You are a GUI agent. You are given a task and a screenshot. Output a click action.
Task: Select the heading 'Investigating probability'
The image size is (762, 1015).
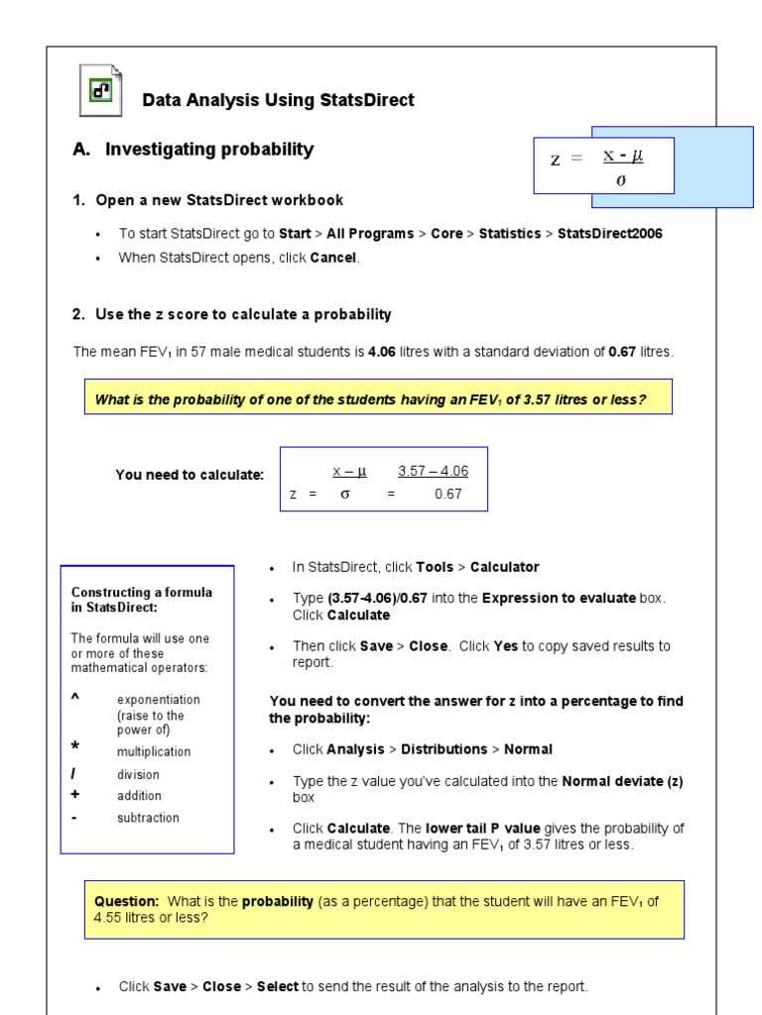click(209, 150)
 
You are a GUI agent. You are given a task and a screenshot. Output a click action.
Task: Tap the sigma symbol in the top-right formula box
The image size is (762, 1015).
click(621, 180)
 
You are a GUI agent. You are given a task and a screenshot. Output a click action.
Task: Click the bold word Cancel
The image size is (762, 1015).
click(333, 258)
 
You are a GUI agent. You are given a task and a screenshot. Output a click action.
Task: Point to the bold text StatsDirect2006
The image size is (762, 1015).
click(609, 234)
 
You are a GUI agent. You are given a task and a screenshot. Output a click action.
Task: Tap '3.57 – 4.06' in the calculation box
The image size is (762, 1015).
click(433, 471)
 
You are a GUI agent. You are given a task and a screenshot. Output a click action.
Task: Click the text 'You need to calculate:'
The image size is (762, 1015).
click(190, 475)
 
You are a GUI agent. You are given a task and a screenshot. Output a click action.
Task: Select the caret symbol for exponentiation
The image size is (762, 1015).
click(75, 697)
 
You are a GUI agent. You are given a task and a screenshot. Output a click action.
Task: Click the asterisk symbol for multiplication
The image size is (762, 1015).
click(76, 746)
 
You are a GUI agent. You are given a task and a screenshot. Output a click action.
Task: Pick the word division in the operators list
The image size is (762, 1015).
click(138, 774)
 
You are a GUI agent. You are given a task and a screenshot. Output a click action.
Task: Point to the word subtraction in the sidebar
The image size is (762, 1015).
click(148, 818)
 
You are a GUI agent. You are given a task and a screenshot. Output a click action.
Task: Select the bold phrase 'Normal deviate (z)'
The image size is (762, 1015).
click(622, 781)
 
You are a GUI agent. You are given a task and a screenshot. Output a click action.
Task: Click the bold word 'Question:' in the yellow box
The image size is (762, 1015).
click(126, 901)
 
